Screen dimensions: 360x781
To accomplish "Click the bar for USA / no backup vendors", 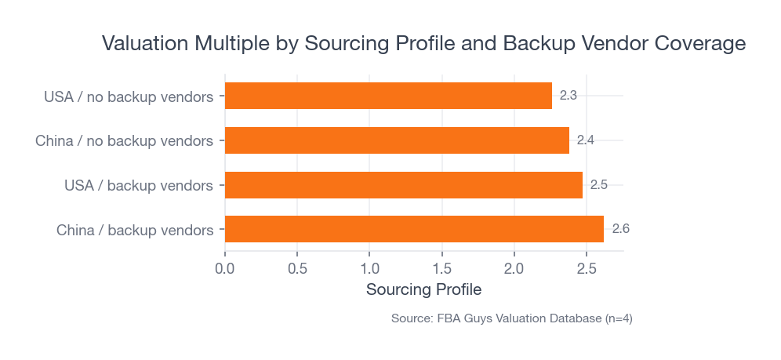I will (388, 96).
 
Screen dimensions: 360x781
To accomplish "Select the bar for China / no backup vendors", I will (397, 140).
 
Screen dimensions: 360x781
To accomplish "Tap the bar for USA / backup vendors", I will (404, 185).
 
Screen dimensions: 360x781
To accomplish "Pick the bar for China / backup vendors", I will (414, 229).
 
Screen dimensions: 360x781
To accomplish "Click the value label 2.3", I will (568, 96).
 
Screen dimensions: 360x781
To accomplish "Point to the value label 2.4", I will (586, 140).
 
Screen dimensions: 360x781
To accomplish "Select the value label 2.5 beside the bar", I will (599, 185).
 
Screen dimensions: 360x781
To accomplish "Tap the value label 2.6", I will (621, 229).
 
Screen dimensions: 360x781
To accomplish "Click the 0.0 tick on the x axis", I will (225, 269).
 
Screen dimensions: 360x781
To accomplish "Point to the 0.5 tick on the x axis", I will (297, 269).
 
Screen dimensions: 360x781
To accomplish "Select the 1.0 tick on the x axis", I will (369, 269).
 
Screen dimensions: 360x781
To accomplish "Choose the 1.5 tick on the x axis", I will (442, 269).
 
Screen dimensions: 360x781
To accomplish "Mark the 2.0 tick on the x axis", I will (514, 269).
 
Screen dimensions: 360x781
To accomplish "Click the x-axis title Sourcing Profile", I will (423, 289).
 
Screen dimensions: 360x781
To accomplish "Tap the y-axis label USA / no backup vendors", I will (129, 97).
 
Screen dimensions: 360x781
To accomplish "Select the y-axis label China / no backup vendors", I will (124, 141).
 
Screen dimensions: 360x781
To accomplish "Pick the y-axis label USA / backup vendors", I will (139, 186).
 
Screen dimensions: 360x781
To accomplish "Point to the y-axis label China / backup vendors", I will (135, 230).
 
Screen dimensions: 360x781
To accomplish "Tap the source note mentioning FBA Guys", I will (511, 318).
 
